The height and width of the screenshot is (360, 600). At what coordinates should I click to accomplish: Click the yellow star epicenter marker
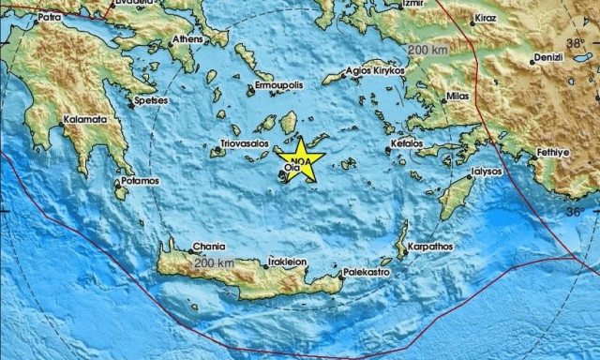pyautogui.click(x=299, y=161)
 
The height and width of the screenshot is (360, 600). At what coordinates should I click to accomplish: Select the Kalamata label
pyautogui.click(x=84, y=120)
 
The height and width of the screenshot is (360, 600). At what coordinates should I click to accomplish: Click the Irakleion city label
pyautogui.click(x=288, y=263)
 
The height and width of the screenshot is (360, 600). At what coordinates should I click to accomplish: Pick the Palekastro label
pyautogui.click(x=366, y=272)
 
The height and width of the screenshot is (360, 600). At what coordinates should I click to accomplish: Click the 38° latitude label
pyautogui.click(x=573, y=45)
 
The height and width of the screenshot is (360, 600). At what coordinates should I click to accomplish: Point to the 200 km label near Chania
pyautogui.click(x=212, y=263)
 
